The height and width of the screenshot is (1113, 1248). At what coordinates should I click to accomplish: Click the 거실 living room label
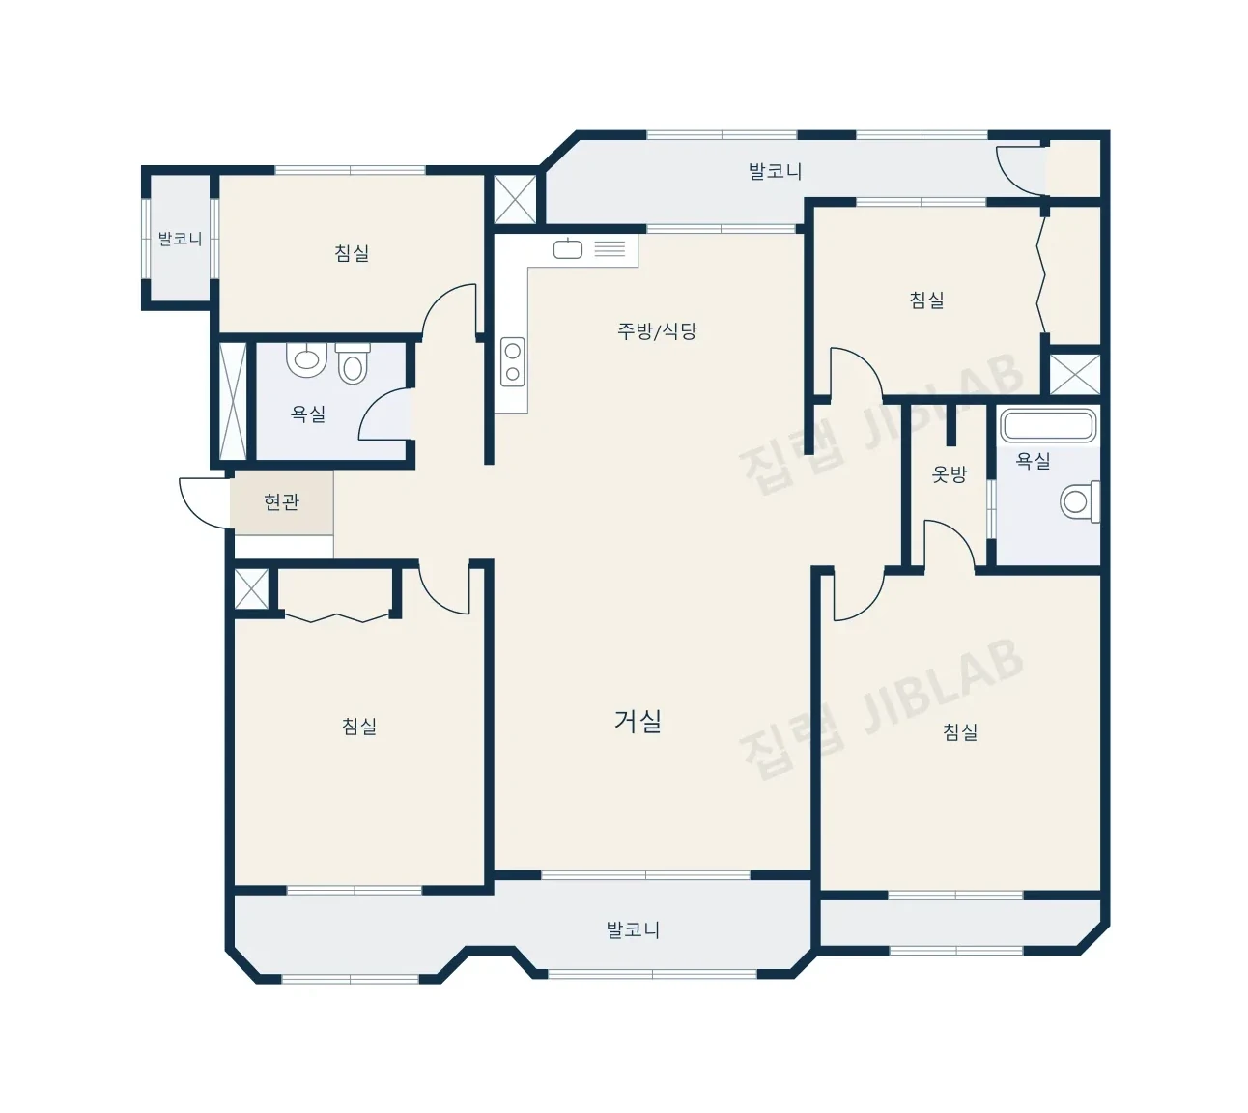tap(638, 721)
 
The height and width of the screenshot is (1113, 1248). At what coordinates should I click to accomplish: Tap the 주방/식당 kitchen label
tap(657, 331)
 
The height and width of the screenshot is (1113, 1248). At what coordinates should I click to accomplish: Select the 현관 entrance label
tap(281, 501)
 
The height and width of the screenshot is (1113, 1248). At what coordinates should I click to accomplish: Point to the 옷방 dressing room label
tap(949, 473)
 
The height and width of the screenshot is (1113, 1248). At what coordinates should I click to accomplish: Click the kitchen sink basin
tap(567, 249)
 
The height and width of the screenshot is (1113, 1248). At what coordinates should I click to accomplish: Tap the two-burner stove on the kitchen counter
tap(513, 361)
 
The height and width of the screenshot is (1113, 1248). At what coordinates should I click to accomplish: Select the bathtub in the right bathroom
tap(1048, 425)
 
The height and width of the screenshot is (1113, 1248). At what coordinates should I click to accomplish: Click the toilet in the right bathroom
tap(1080, 501)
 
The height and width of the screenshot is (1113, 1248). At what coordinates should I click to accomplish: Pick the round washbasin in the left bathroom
tap(306, 359)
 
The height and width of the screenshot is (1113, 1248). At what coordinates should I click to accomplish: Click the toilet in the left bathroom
tap(353, 363)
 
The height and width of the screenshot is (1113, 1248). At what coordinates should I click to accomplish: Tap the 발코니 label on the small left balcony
tap(180, 239)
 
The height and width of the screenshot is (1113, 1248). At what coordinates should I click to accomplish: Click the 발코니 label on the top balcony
tap(775, 171)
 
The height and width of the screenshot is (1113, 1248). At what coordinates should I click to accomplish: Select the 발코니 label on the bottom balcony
tap(633, 929)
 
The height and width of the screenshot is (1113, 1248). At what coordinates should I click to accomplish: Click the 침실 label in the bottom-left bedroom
tap(359, 726)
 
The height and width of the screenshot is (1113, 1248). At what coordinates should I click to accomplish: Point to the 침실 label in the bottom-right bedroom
tap(960, 731)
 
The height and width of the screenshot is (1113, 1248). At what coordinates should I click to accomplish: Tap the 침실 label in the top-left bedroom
tap(352, 253)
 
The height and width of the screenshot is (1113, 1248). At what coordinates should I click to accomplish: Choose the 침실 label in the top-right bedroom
tap(927, 300)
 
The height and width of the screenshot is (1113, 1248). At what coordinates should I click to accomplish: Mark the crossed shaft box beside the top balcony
tap(515, 199)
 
